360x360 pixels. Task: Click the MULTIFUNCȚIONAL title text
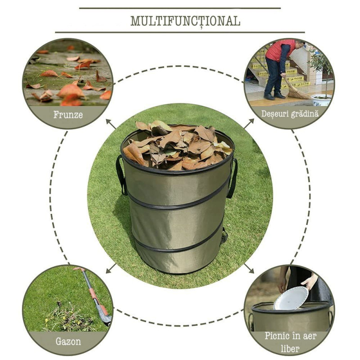coord(185,21)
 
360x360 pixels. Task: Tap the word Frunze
coord(68,115)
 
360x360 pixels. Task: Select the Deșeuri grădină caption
coord(290,114)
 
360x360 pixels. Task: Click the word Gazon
coord(68,342)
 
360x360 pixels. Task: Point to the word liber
coord(290,349)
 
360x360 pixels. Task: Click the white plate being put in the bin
coord(291,298)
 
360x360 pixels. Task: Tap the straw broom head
coord(298,94)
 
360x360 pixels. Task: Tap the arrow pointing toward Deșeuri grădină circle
coord(249,123)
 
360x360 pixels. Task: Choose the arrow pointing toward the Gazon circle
coord(111,268)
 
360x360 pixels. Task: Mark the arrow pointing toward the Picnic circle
coord(249,268)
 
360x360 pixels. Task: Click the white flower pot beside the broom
coord(321,100)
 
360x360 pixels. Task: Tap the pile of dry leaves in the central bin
coord(178,145)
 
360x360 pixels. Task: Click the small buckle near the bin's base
coord(224,237)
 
